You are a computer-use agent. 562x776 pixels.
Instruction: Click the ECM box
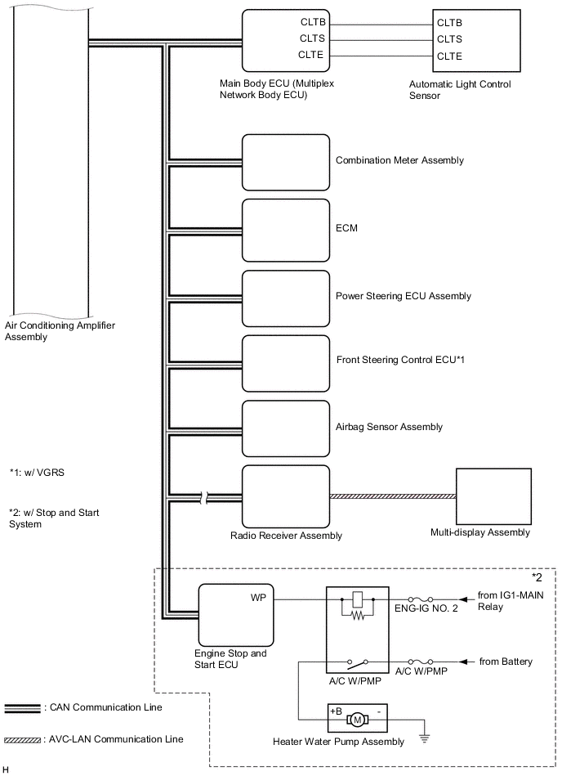286,228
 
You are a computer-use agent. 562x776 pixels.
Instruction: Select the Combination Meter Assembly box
286,161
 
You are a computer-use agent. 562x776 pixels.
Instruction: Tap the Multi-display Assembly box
493,496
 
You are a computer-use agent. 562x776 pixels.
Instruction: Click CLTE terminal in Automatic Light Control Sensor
449,56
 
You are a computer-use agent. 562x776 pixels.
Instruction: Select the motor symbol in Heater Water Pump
357,720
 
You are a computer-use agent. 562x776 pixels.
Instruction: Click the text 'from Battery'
506,661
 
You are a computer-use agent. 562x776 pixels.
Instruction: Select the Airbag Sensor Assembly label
389,427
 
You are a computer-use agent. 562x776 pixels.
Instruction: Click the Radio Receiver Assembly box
286,496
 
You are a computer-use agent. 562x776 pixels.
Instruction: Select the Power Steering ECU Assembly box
286,295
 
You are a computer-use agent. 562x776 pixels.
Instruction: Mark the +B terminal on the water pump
336,711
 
